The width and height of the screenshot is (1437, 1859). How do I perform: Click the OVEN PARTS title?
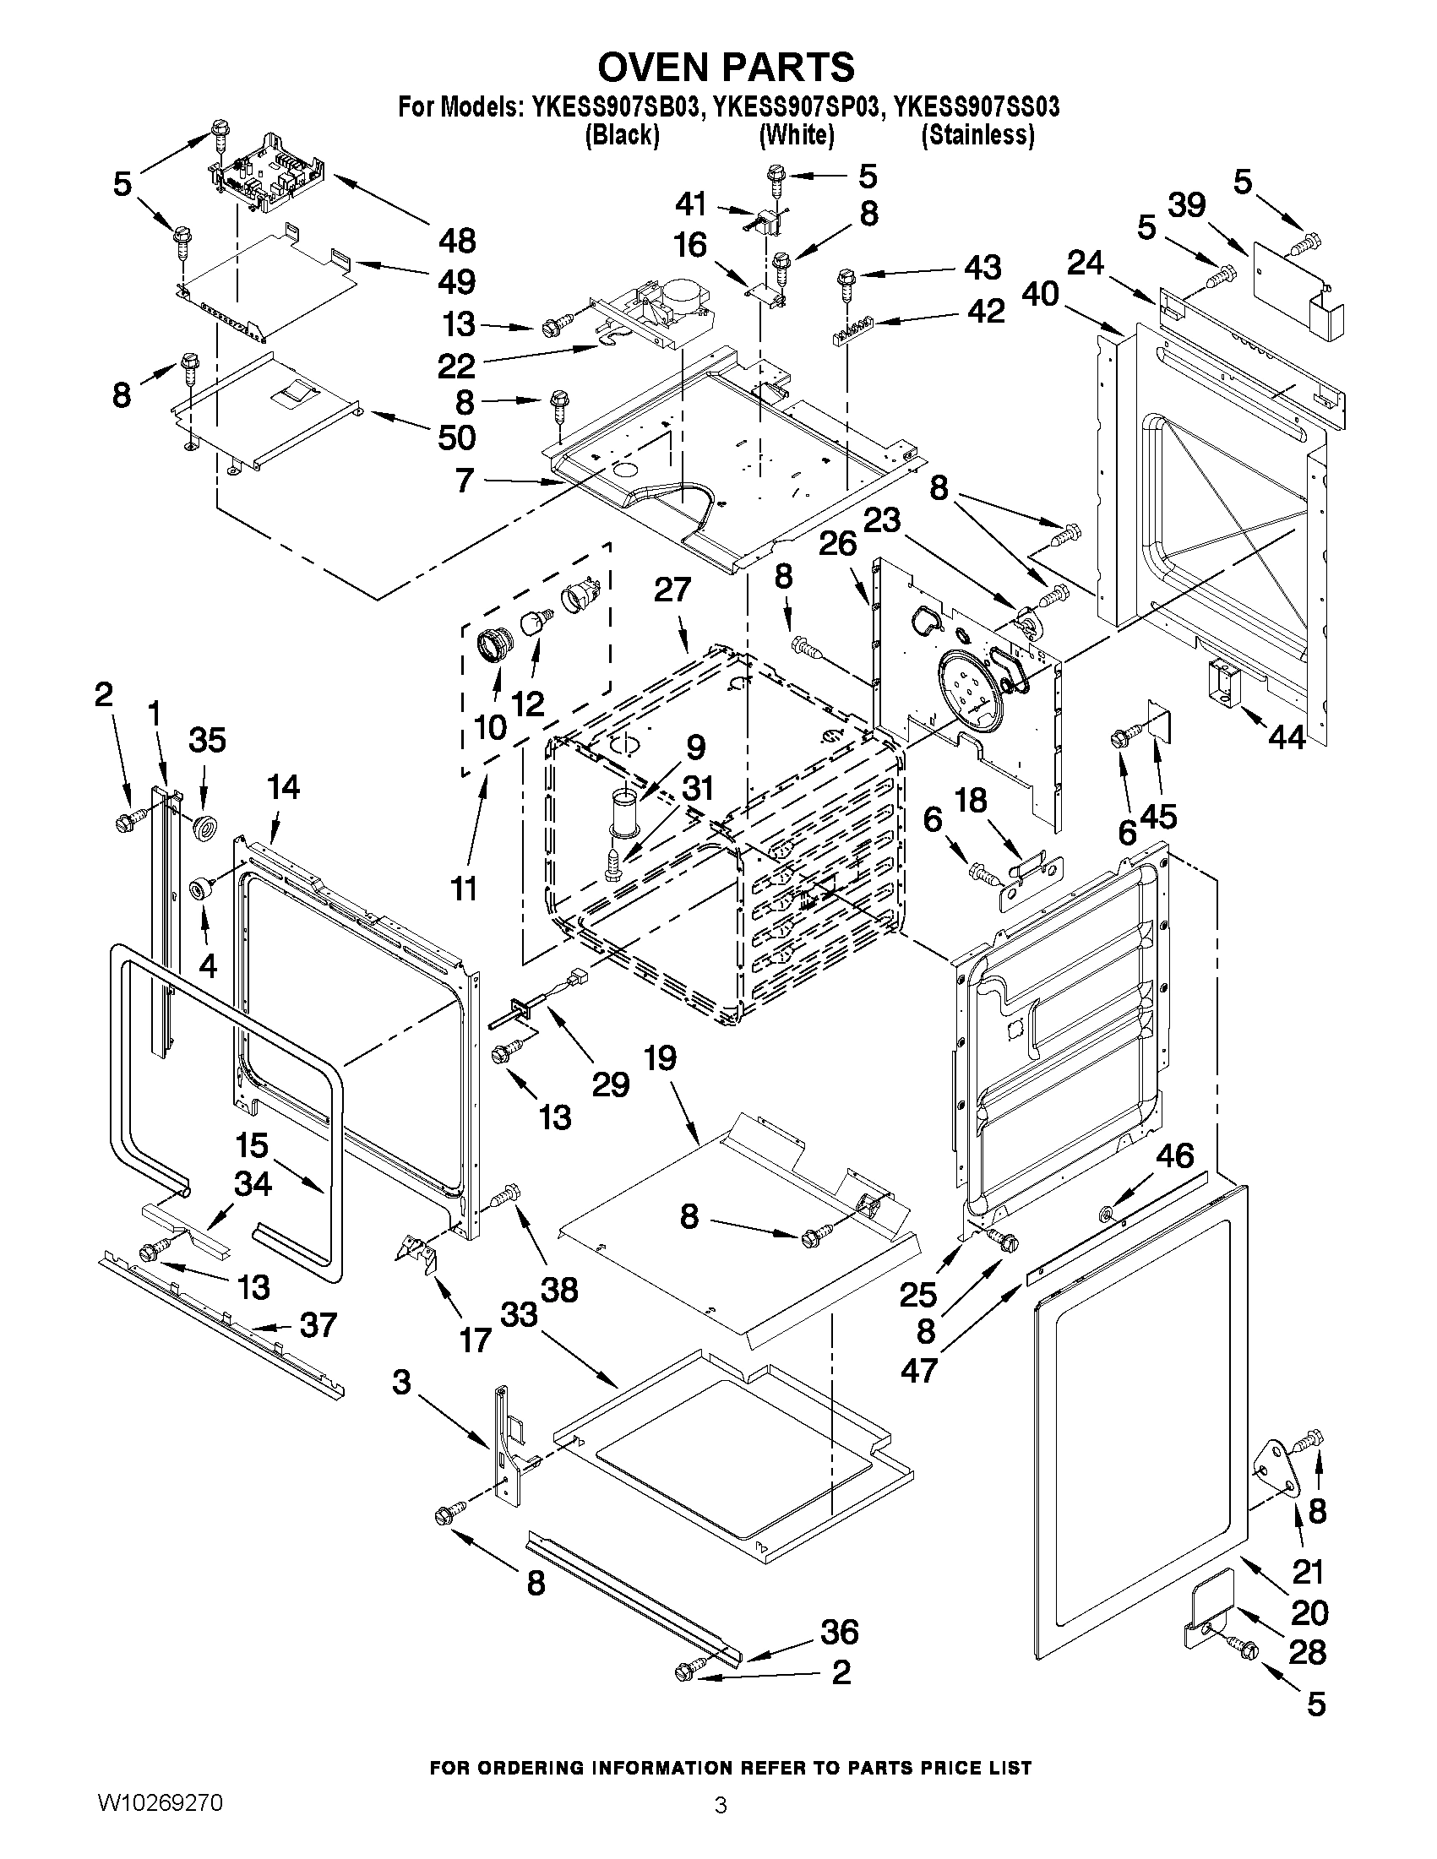point(727,67)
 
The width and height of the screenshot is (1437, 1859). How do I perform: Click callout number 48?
point(457,241)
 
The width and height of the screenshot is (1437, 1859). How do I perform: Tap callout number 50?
point(457,438)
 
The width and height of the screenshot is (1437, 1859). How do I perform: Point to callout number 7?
point(464,480)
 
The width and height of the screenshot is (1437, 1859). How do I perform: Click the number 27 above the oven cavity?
point(672,589)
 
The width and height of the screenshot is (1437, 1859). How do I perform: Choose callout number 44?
point(1287,737)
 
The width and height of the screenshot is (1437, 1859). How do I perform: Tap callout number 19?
point(660,1059)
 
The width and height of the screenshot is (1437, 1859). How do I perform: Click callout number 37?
point(318,1325)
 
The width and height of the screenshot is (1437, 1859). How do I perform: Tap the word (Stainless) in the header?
point(978,134)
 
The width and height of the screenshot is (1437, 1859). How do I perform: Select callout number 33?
point(519,1315)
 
